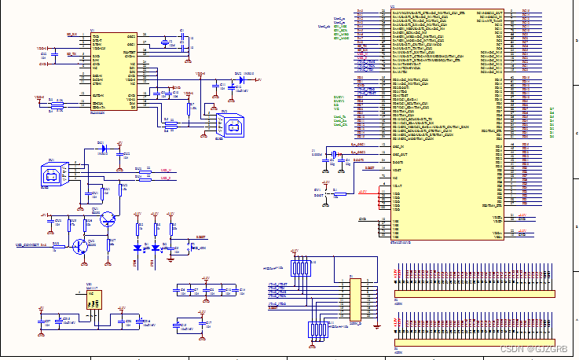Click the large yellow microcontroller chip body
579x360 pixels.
click(x=444, y=118)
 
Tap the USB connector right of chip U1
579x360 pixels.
click(x=229, y=124)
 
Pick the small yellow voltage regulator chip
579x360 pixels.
click(x=93, y=298)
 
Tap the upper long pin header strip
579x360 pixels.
click(x=474, y=294)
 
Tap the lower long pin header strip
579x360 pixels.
click(x=474, y=342)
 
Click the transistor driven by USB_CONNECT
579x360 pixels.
click(x=81, y=245)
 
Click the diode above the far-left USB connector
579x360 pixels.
click(x=101, y=147)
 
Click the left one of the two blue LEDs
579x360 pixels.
click(x=138, y=248)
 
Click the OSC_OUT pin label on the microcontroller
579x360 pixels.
click(x=401, y=154)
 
